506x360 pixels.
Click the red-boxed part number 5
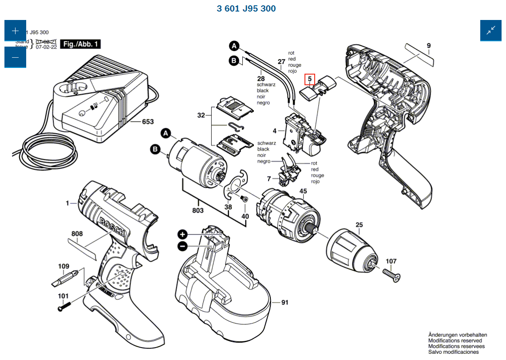point(310,80)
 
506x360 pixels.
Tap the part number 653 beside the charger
point(148,122)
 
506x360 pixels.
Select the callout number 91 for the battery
point(285,302)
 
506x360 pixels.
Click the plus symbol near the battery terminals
point(182,234)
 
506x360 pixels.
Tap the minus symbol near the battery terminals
point(182,246)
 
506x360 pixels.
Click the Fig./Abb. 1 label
point(81,44)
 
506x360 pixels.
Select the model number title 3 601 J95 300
point(246,8)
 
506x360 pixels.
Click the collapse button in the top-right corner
point(491,31)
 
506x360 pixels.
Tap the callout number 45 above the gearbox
point(303,192)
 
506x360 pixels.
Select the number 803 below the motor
point(198,211)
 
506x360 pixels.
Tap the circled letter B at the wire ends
point(234,61)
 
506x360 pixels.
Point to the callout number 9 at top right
point(429,45)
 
